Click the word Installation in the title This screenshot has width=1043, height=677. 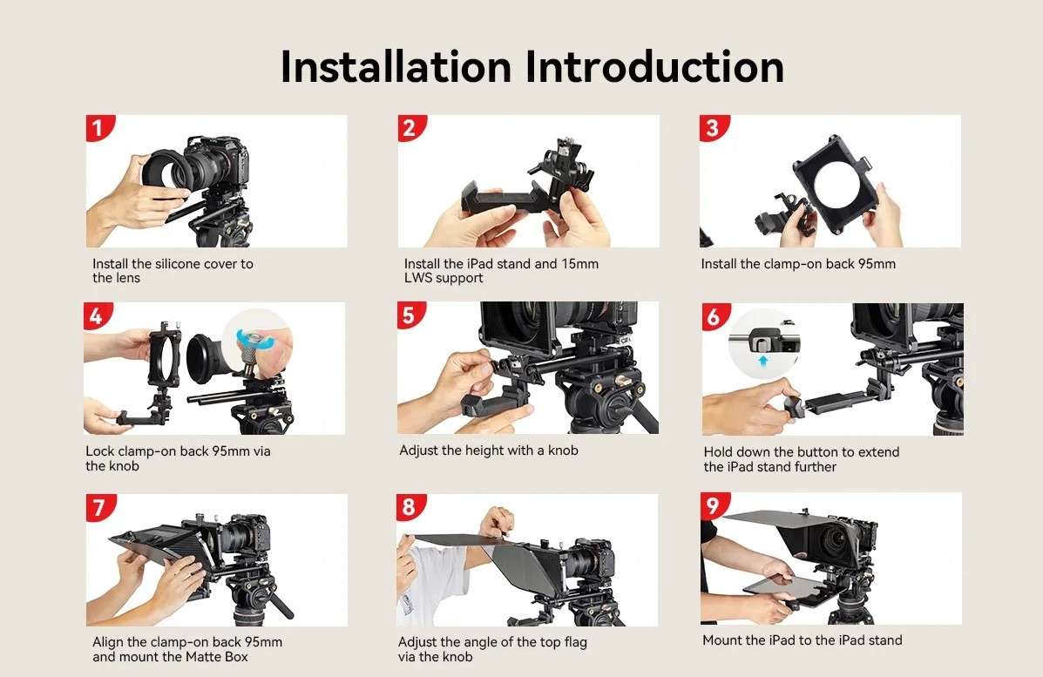[396, 66]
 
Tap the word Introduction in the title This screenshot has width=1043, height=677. [655, 66]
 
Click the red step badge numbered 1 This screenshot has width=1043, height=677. [99, 127]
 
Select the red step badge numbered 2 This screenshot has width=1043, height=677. [410, 127]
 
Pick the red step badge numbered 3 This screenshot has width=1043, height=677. [713, 127]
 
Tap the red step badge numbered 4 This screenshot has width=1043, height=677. [97, 315]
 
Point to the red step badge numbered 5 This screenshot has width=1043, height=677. [410, 315]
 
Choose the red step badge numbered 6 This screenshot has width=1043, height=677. [715, 316]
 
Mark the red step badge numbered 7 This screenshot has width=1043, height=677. [100, 507]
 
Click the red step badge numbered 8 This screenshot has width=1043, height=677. [410, 507]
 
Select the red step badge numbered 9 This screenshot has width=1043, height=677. [714, 505]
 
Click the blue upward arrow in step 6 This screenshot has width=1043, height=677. [763, 361]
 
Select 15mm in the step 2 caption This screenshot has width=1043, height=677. [579, 264]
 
